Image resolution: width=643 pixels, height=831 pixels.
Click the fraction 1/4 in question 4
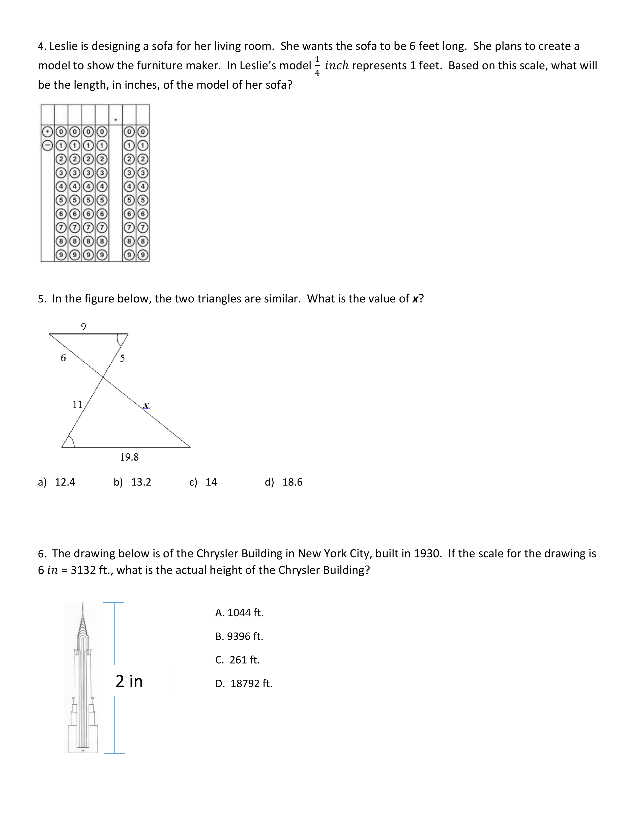click(317, 66)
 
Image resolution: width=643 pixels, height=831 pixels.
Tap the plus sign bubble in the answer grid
click(47, 132)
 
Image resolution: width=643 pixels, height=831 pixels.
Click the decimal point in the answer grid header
click(115, 120)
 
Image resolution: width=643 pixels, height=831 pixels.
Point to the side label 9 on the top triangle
click(83, 326)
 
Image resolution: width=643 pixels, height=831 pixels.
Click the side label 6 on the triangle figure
click(63, 358)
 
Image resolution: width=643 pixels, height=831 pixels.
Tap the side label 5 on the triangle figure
click(122, 358)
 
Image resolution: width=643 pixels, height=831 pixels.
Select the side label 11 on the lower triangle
click(77, 404)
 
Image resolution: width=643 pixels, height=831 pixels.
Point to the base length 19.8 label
click(129, 457)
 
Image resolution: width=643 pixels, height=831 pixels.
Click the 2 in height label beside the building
click(129, 681)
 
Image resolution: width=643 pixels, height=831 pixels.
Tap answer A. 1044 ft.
click(239, 613)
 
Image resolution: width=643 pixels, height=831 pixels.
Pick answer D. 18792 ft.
click(244, 684)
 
